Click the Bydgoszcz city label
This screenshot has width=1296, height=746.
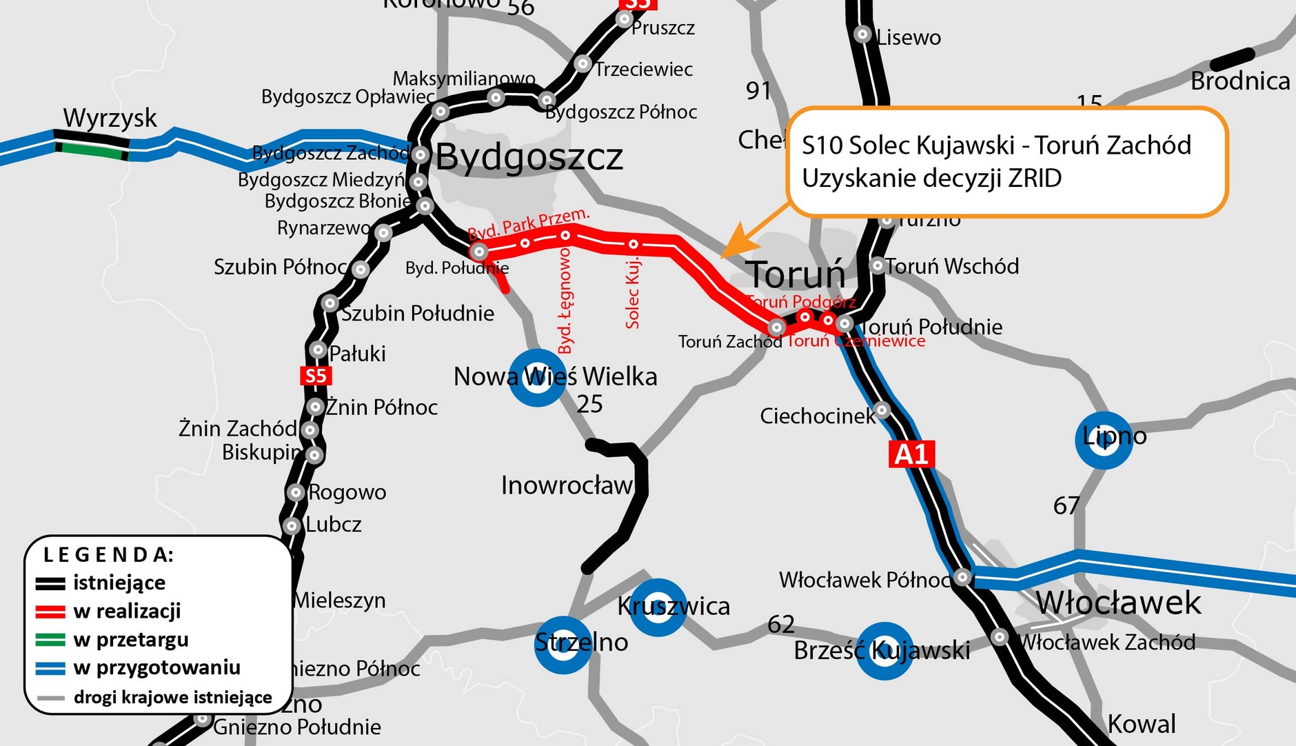click(x=529, y=157)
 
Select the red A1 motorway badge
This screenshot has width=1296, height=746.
click(x=911, y=454)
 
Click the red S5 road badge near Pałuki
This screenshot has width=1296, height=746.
click(x=316, y=376)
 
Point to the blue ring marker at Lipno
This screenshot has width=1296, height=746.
click(x=1104, y=440)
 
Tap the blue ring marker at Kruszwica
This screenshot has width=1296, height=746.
click(x=658, y=607)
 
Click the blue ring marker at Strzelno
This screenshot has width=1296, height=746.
click(x=563, y=644)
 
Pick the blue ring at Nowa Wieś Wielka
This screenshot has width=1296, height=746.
click(x=537, y=377)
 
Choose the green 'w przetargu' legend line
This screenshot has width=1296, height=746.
click(x=51, y=640)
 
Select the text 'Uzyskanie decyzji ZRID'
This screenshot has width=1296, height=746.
click(x=931, y=179)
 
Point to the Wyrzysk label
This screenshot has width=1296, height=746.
click(x=110, y=119)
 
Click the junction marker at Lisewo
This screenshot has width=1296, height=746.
click(x=862, y=34)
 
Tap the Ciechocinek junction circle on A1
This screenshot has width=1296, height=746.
click(x=882, y=410)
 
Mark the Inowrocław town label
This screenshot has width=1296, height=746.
click(x=567, y=486)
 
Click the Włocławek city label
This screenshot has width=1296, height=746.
click(x=1118, y=603)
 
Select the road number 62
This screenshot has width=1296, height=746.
click(x=781, y=625)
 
